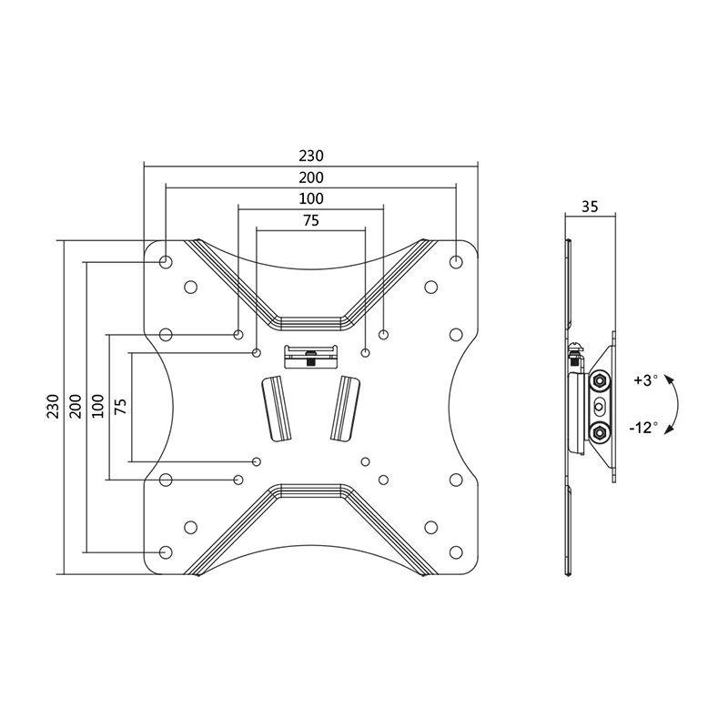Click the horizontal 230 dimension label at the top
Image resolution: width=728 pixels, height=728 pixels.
coord(311,156)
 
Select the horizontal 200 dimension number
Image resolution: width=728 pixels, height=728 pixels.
coord(311,177)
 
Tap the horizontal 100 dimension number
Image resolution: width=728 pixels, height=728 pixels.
coord(311,198)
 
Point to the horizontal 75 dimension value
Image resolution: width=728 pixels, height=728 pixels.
coord(311,219)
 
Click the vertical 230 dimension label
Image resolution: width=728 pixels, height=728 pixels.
coord(53,406)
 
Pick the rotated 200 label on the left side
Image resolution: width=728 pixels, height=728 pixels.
coord(75,406)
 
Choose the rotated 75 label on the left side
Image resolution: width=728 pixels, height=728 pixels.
coord(120,406)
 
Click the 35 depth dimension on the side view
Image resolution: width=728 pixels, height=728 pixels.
coord(589,207)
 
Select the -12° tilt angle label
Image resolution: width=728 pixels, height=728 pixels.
coord(642,427)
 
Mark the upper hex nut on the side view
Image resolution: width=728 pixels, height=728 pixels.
coord(600,380)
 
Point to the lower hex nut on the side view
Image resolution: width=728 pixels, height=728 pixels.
coord(600,430)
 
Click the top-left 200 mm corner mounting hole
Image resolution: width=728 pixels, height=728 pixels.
coord(166,262)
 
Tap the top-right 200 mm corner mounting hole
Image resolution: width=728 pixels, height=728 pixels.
coord(456,262)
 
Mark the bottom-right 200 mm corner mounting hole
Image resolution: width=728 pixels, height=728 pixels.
coord(456,551)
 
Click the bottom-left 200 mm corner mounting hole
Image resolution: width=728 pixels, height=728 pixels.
coord(166,551)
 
